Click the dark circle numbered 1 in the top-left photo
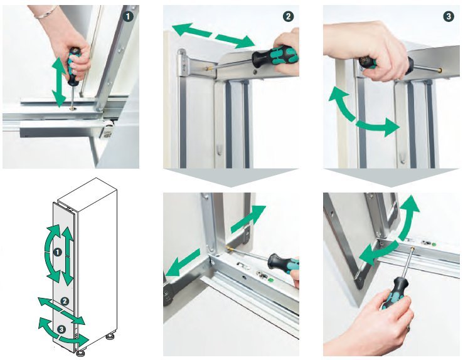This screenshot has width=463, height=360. pos(128,16)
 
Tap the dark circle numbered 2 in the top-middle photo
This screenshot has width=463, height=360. pos(288,16)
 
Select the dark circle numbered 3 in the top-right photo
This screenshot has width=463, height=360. pos(449,16)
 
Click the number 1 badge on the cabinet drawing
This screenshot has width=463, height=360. pos(57,252)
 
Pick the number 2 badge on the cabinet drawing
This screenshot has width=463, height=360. pos(65,301)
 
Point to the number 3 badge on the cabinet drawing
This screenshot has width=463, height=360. pos(61,329)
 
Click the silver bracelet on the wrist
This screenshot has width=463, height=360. pos(45,13)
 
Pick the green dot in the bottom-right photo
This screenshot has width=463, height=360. pos(434,245)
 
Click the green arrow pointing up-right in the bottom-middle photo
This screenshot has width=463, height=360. pos(248,219)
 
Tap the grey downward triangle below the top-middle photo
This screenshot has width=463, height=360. pos(231,177)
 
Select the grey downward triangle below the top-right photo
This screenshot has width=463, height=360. pos(391,177)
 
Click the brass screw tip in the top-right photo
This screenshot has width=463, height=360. pos(440,70)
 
